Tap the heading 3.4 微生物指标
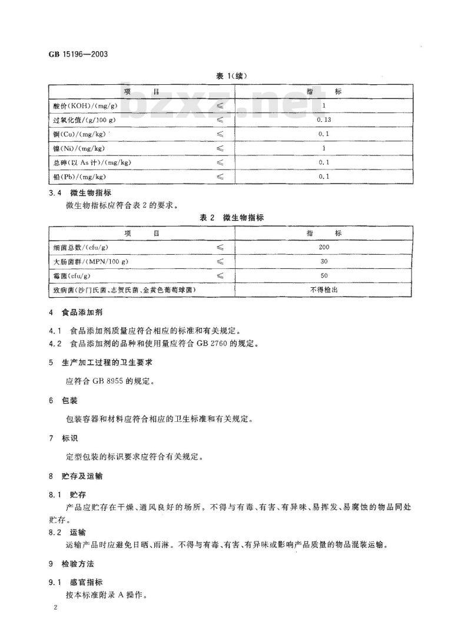click(x=77, y=192)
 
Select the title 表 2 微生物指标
click(x=230, y=218)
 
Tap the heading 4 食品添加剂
click(x=76, y=313)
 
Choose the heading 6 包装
click(x=63, y=400)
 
